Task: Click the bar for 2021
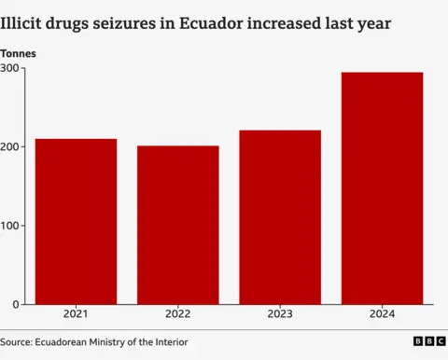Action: point(77,222)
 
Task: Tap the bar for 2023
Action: point(280,217)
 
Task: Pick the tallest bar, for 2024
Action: point(382,188)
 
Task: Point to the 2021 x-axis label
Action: point(77,315)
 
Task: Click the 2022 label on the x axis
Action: point(178,315)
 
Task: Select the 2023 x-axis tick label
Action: point(280,315)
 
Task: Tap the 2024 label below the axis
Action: point(382,315)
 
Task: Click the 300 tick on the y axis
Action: point(11,68)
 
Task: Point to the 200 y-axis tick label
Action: point(11,147)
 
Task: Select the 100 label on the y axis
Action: point(11,226)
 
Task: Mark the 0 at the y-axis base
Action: point(17,305)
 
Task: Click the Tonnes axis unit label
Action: point(19,54)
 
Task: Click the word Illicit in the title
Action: point(23,21)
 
